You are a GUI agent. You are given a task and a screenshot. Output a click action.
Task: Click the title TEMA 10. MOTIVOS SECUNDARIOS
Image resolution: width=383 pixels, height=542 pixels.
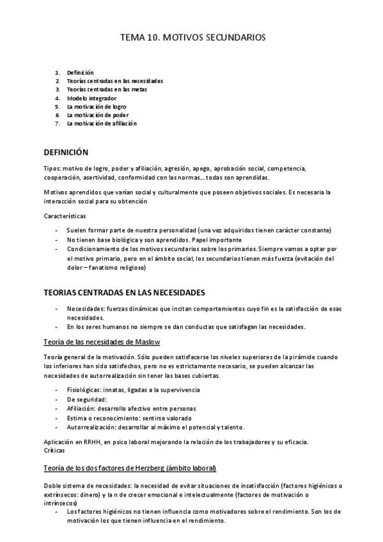[x=192, y=38]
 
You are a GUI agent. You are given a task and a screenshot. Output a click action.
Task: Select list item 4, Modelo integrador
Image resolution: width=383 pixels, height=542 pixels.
[x=91, y=98]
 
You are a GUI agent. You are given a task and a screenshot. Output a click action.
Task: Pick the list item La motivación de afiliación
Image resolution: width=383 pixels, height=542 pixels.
[x=102, y=123]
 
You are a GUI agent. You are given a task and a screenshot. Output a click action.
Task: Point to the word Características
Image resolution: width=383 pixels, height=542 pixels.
[x=65, y=216]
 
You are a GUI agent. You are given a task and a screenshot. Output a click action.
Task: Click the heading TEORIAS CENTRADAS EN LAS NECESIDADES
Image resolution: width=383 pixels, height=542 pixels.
[x=124, y=292]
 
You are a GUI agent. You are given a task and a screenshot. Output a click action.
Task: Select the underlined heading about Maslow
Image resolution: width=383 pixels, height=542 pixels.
[x=102, y=341]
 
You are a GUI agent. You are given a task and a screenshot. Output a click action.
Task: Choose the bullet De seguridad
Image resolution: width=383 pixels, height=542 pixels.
[x=86, y=399]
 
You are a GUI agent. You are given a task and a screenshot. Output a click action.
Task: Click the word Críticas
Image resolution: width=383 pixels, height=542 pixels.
[x=55, y=450]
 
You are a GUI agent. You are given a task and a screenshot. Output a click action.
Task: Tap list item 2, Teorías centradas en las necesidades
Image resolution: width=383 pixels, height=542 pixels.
[x=114, y=81]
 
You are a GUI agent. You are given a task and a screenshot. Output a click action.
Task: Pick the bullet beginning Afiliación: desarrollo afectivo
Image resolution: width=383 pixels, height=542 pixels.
[x=131, y=408]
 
